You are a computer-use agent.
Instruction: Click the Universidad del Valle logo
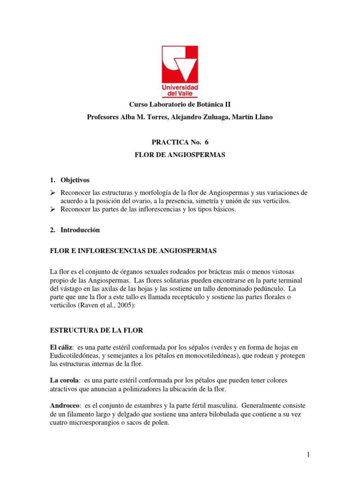(180, 70)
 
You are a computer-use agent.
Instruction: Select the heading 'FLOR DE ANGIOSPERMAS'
(180, 154)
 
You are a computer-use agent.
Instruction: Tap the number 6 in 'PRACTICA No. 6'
(205, 142)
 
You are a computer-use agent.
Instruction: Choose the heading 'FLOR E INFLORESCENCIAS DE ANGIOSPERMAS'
(134, 251)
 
